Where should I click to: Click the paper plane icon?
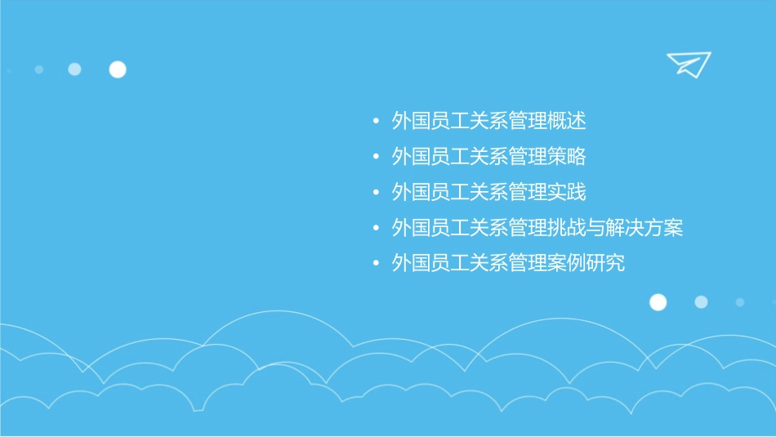tap(688, 64)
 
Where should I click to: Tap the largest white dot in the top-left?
tap(118, 69)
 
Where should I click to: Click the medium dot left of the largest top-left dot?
tap(74, 69)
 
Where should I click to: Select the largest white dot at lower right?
tap(658, 302)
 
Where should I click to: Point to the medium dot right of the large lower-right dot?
tap(701, 302)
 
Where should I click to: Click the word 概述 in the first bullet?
tap(567, 122)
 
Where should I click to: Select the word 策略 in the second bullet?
tap(567, 157)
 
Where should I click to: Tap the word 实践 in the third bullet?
tap(567, 192)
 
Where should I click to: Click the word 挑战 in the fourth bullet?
tap(567, 228)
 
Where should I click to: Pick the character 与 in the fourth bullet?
tap(596, 228)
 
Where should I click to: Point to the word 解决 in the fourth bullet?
tap(625, 228)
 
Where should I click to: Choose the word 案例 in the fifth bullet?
tap(567, 264)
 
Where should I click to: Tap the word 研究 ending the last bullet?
tap(605, 264)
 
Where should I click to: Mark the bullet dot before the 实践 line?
tap(375, 193)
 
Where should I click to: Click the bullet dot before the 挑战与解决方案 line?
tap(375, 229)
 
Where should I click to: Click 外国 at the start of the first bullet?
tap(411, 122)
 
